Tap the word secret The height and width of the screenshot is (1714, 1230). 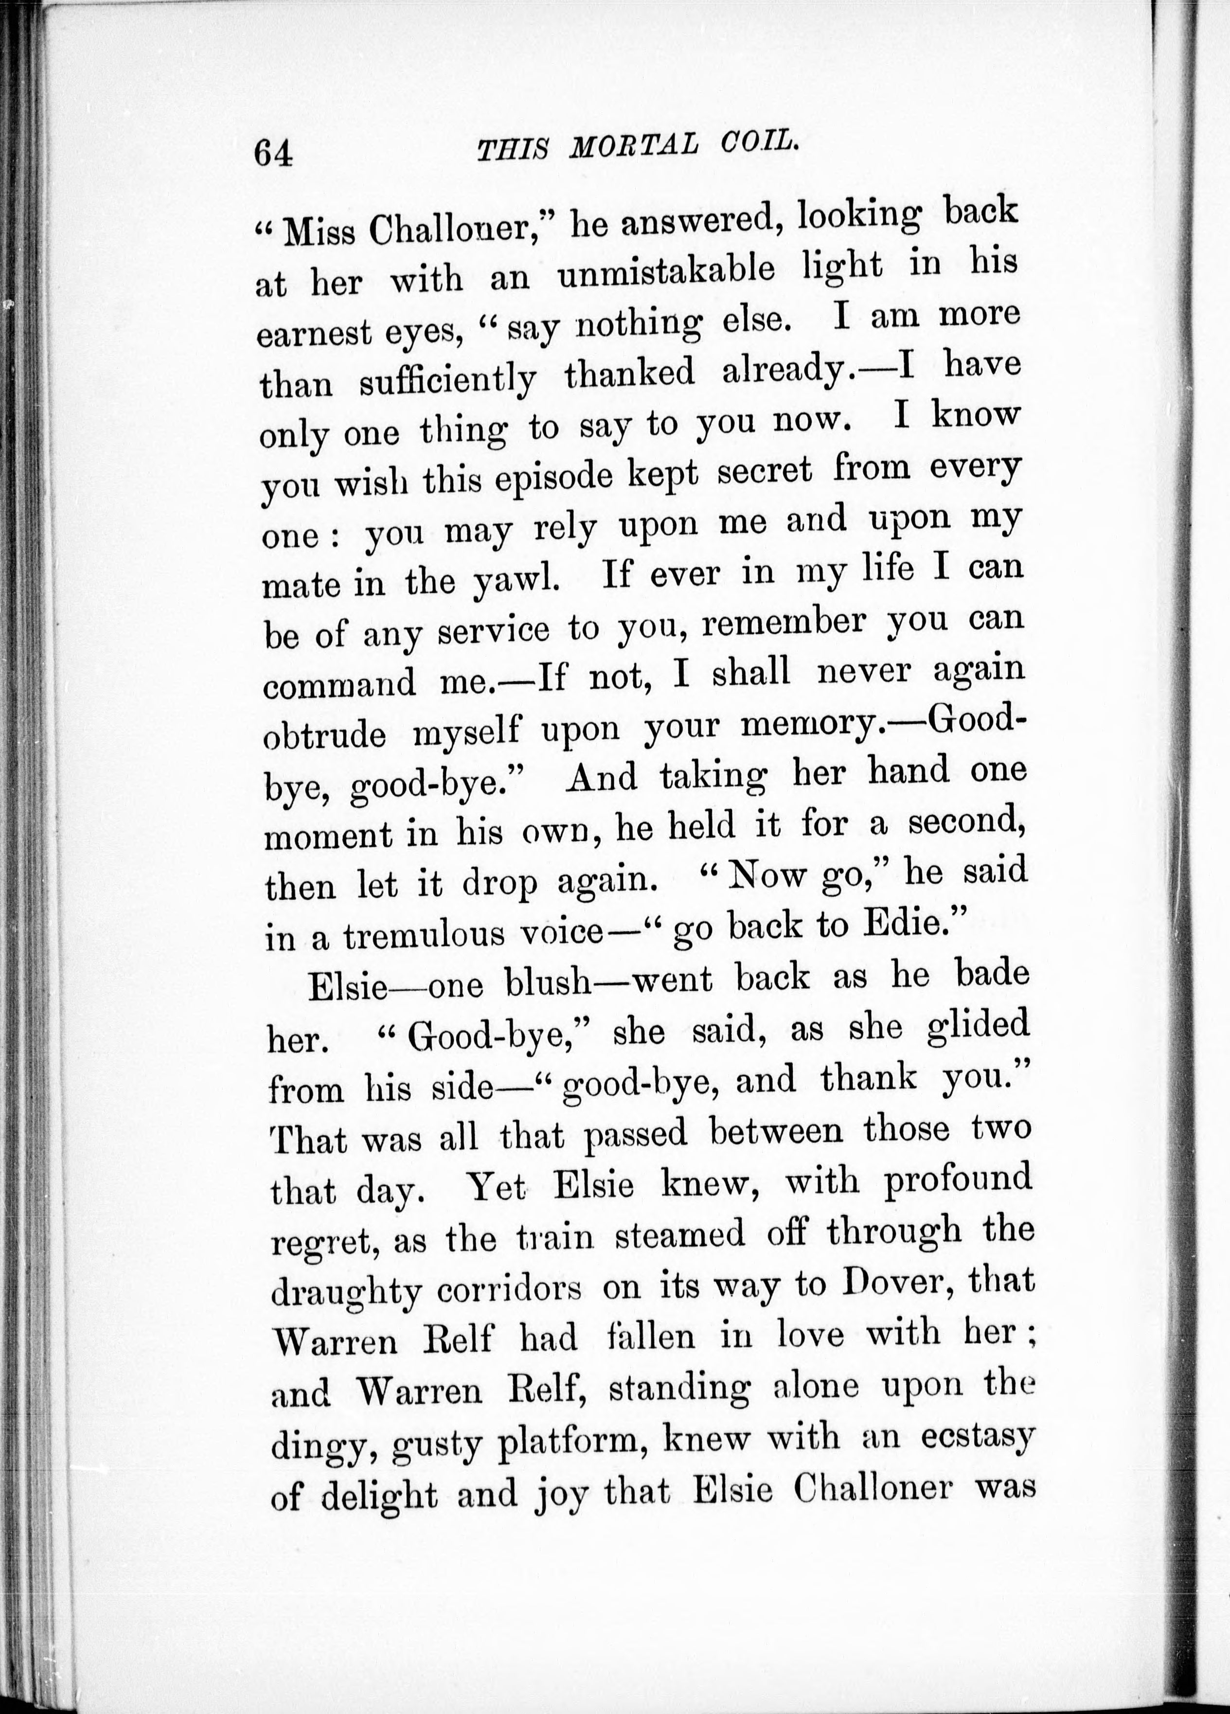click(764, 472)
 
